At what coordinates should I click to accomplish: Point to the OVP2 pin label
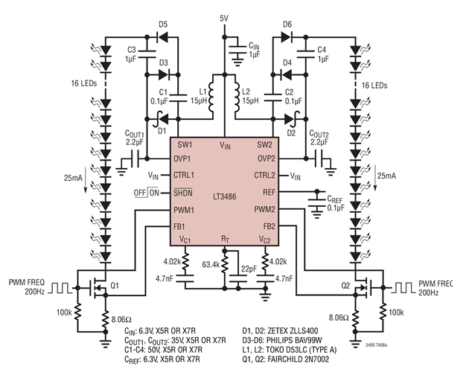[265, 158]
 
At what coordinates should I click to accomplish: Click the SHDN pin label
[185, 192]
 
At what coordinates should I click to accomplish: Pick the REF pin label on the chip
[269, 192]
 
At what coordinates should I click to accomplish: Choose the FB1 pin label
[182, 225]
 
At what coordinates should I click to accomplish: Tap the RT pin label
[226, 240]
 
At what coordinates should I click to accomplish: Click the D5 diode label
[163, 25]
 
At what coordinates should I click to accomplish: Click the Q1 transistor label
[115, 285]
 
